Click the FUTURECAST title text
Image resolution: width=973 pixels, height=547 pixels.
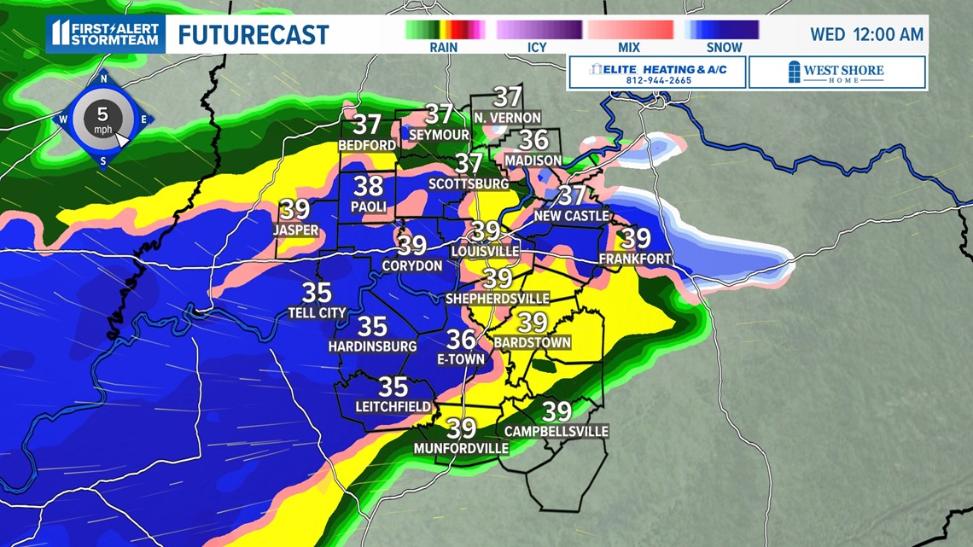pyautogui.click(x=253, y=35)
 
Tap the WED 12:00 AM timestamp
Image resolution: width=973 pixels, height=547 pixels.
pyautogui.click(x=866, y=35)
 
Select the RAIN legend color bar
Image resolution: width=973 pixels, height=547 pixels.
pyautogui.click(x=445, y=30)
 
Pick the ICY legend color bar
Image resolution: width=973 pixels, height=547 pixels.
pyautogui.click(x=535, y=30)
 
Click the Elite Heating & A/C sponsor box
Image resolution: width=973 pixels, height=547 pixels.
pyautogui.click(x=656, y=73)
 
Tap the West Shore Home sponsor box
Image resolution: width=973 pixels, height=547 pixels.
pyautogui.click(x=836, y=73)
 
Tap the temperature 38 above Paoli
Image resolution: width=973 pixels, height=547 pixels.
pyautogui.click(x=369, y=186)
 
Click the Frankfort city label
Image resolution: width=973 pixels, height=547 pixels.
pyautogui.click(x=635, y=259)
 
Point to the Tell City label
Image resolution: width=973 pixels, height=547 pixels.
pyautogui.click(x=317, y=313)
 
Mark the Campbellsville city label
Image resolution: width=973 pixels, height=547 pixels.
pyautogui.click(x=556, y=431)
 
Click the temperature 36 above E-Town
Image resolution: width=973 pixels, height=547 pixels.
pyautogui.click(x=462, y=340)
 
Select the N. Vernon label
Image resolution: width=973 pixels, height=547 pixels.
pyautogui.click(x=507, y=117)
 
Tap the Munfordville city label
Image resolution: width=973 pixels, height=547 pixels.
pyautogui.click(x=461, y=448)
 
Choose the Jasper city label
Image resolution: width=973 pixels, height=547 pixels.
pyautogui.click(x=295, y=230)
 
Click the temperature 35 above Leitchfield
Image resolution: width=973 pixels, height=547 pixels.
pyautogui.click(x=393, y=387)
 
